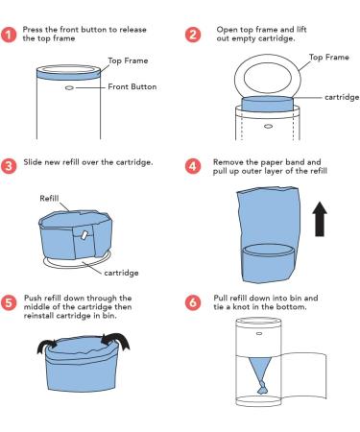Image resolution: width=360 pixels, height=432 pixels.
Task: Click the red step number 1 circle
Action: tap(9, 35)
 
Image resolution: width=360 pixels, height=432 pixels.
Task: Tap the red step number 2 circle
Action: tap(193, 35)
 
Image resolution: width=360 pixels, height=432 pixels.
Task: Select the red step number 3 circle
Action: tap(9, 166)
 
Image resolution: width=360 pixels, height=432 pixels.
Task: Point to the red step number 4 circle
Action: tap(193, 166)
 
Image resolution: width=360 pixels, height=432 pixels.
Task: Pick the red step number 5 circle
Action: tap(9, 303)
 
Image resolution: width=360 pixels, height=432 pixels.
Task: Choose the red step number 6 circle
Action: tap(193, 302)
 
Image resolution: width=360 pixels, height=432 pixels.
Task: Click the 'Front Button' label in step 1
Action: tap(132, 86)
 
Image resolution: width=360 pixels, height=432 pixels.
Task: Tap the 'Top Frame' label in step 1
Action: tap(128, 60)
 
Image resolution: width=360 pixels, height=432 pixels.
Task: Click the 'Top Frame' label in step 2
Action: tap(329, 58)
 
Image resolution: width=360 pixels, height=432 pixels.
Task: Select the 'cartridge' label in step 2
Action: tap(342, 97)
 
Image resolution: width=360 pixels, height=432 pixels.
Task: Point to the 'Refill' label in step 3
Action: tap(49, 198)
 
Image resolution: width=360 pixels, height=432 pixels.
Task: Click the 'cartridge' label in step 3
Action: tap(121, 273)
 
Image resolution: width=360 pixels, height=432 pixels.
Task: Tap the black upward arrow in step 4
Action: tap(320, 219)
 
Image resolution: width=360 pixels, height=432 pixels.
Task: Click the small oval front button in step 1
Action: tap(69, 87)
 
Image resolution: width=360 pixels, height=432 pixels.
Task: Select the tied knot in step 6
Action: tap(263, 387)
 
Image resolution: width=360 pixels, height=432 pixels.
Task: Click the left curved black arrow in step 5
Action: tap(47, 346)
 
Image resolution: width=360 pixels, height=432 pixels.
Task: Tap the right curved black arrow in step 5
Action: tap(117, 341)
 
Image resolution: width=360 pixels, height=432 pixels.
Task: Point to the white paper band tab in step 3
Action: tap(84, 235)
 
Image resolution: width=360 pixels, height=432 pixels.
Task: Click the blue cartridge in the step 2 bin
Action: tap(267, 104)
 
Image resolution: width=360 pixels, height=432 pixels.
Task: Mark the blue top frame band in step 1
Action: tap(68, 74)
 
